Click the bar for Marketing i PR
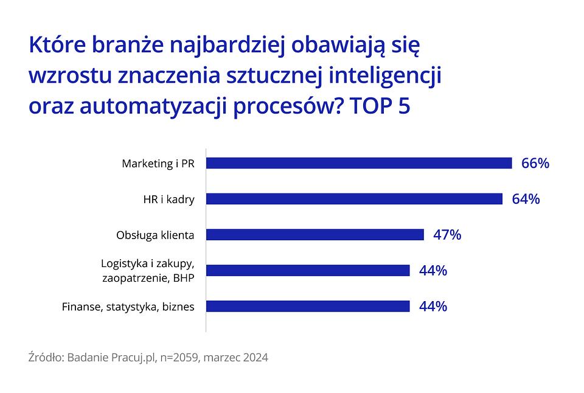359,163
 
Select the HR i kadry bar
354,199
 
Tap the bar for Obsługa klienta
315,235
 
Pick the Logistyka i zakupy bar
308,271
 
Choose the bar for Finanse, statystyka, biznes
308,306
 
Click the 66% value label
535,163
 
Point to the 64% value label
526,199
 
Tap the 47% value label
447,235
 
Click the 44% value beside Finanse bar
433,306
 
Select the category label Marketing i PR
158,164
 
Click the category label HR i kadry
169,200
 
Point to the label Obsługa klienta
155,235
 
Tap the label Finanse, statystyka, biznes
128,307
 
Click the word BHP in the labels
184,278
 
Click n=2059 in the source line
180,358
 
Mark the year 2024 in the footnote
255,358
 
